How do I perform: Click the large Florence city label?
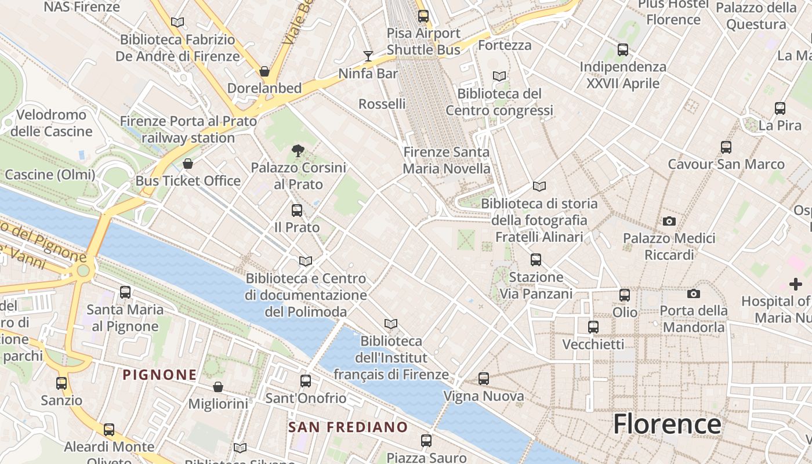tap(667, 424)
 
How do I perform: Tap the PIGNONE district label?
tap(159, 375)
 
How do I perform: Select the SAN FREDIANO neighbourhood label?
tap(348, 427)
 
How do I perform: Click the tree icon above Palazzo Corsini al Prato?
tap(298, 151)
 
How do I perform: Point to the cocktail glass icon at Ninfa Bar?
tap(368, 56)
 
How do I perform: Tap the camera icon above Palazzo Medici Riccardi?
tap(669, 221)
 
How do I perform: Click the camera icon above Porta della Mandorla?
tap(693, 294)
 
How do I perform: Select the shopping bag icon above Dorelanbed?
tap(264, 71)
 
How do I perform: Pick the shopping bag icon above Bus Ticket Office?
tap(187, 164)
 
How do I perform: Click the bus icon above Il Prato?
tap(297, 211)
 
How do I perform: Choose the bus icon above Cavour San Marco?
tap(726, 147)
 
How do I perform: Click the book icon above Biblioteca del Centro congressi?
tap(499, 76)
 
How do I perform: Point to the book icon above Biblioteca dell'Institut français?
tap(391, 324)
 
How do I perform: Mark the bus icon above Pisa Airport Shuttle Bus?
tap(423, 16)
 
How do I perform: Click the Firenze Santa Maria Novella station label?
tap(447, 160)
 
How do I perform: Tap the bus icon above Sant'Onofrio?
tap(306, 381)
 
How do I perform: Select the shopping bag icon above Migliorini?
tap(218, 386)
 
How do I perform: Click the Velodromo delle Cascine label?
tap(52, 123)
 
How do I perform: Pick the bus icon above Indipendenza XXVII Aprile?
tap(623, 50)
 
